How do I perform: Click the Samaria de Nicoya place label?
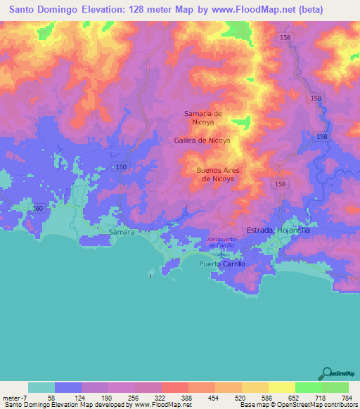[203, 117]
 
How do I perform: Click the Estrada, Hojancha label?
[278, 231]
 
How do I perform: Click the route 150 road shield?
[121, 166]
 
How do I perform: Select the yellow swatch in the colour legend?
[281, 387]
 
